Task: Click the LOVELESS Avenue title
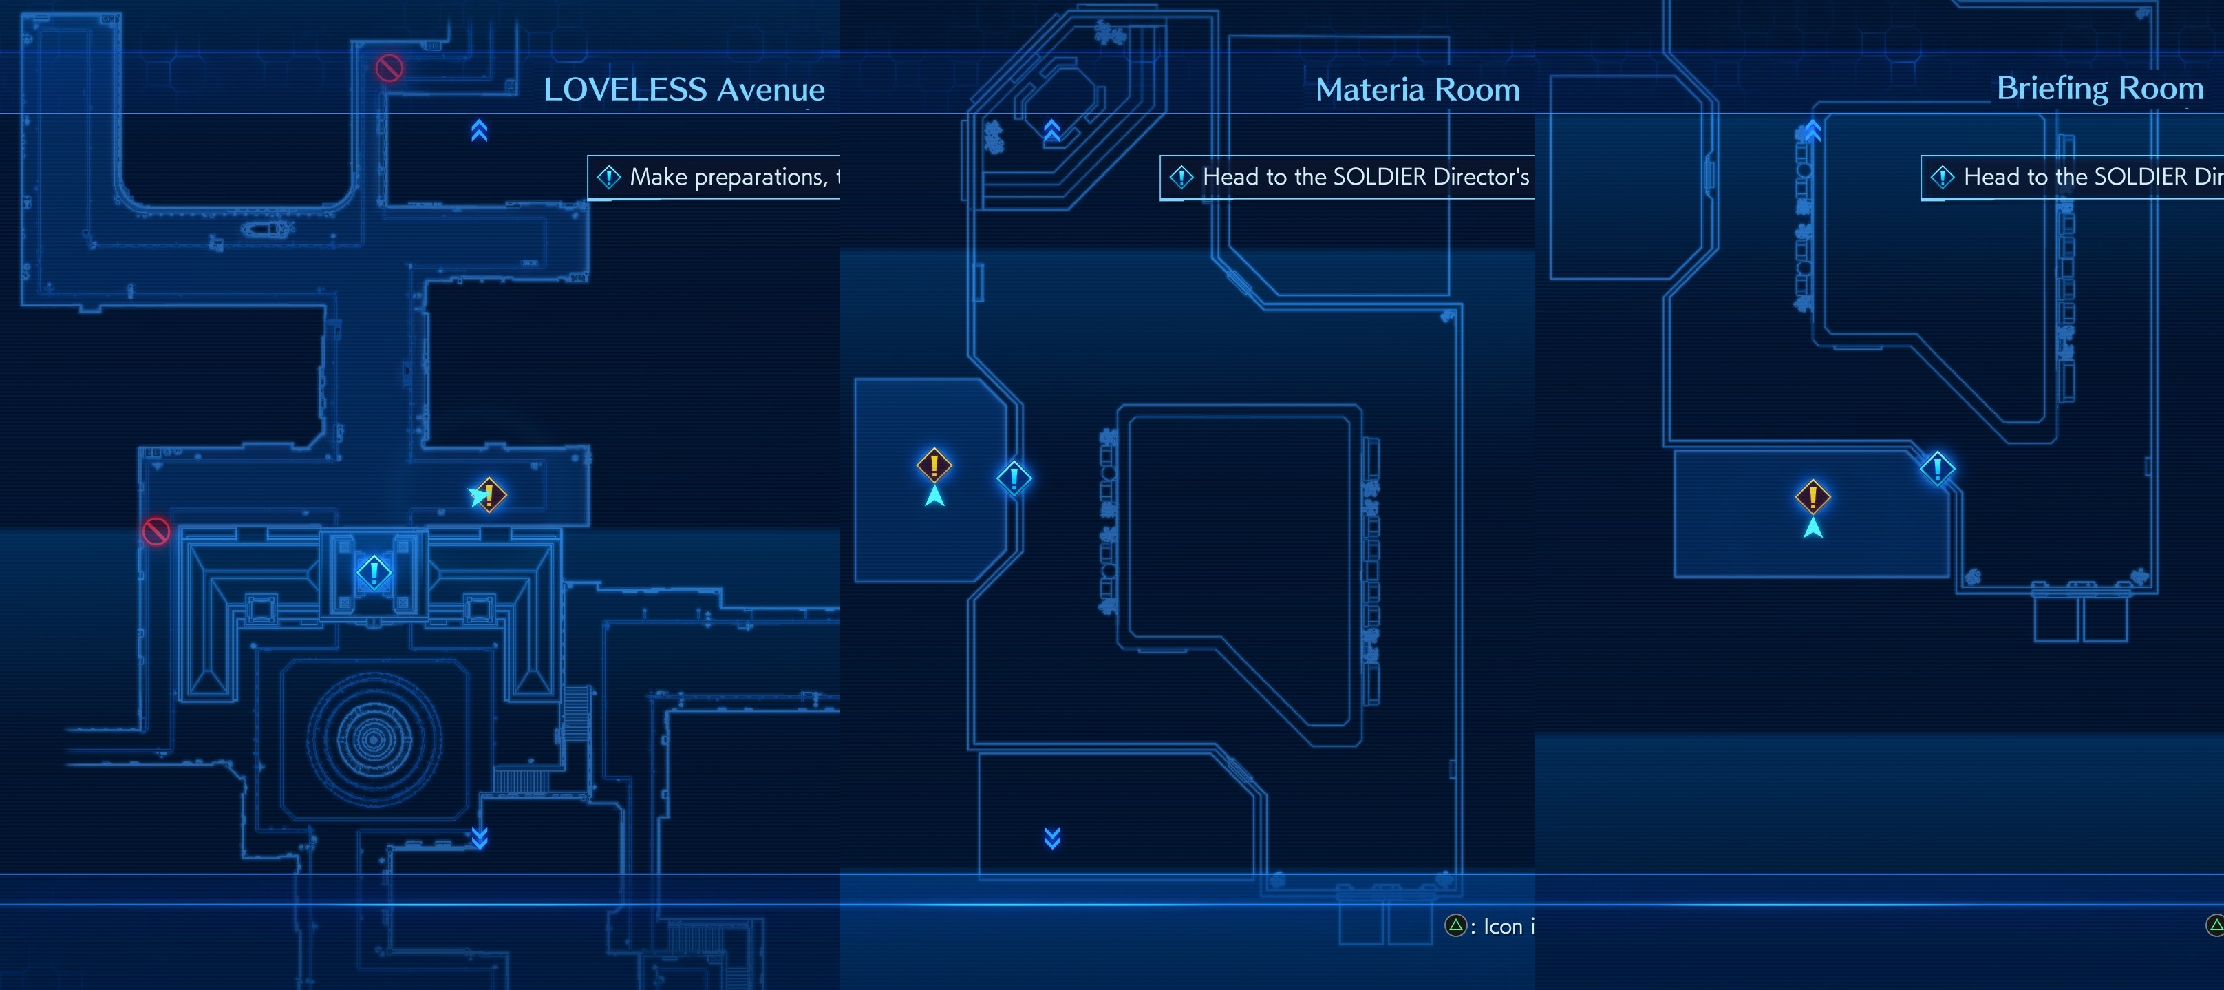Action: click(684, 89)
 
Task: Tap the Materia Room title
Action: click(1418, 89)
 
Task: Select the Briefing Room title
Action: click(2099, 88)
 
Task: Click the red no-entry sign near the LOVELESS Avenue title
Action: click(389, 67)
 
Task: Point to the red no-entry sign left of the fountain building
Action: click(156, 530)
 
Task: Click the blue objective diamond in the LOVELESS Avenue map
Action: click(374, 572)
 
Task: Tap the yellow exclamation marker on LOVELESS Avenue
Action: click(489, 495)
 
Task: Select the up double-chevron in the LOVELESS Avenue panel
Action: click(479, 130)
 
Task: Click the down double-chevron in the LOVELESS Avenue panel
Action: click(479, 837)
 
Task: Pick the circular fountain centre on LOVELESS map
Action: click(374, 739)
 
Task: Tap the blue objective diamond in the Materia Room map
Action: click(1014, 478)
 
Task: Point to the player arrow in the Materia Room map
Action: click(934, 496)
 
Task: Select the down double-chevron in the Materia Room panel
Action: click(1051, 837)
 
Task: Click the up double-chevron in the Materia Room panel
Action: click(1051, 130)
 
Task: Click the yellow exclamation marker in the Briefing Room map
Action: click(1813, 497)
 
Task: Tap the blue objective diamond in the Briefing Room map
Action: click(1937, 468)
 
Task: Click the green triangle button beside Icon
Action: click(1455, 926)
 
